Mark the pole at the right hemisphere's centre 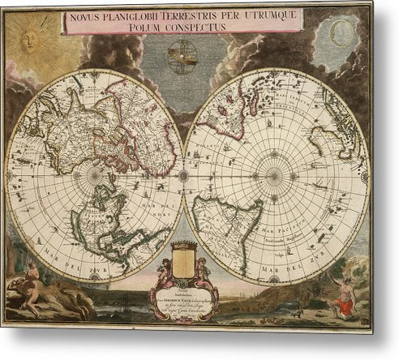(x=274, y=174)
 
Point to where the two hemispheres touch (x=183, y=174)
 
